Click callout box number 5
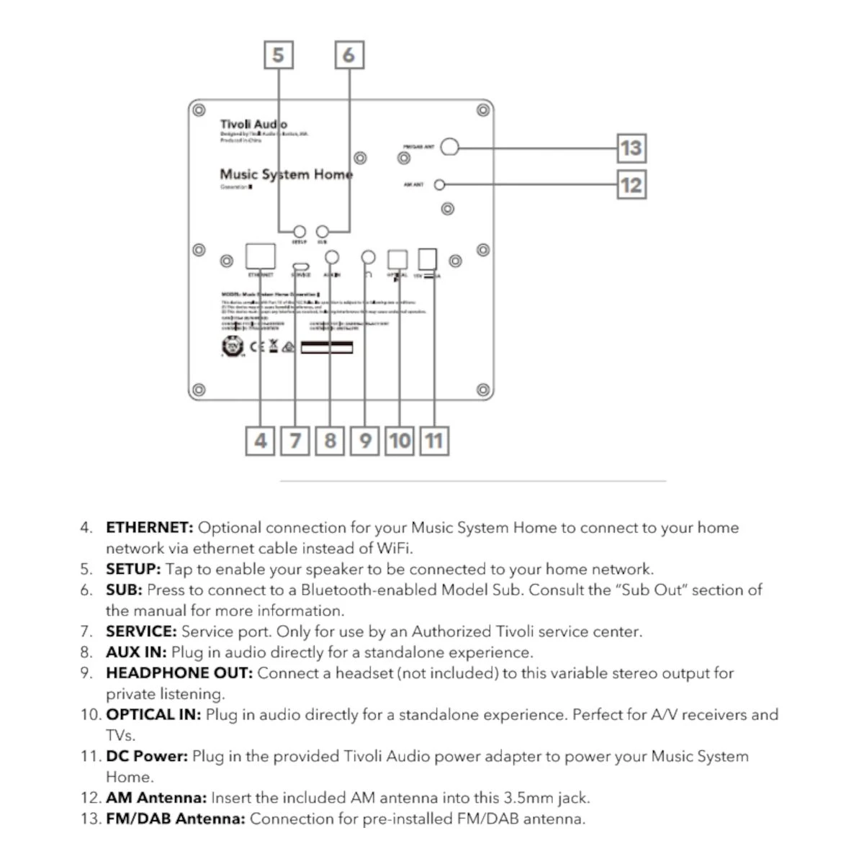point(279,55)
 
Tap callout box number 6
point(349,55)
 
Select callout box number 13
point(631,148)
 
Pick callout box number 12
point(631,185)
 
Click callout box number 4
point(260,440)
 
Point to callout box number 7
point(295,440)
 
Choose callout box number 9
point(365,440)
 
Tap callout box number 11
point(434,440)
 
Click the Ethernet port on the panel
point(260,256)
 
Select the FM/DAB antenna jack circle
point(449,147)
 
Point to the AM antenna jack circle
point(439,185)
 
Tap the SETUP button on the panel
point(300,232)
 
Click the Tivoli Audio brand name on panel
point(253,125)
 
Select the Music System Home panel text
point(286,174)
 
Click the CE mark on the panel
point(257,347)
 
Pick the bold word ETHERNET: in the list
point(149,528)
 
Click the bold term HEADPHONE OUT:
point(179,673)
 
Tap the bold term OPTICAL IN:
point(153,715)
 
